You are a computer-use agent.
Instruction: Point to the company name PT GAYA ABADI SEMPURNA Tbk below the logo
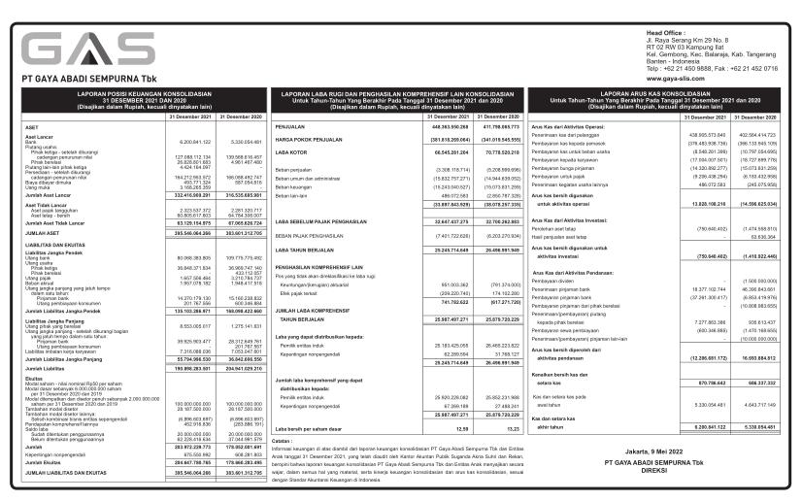pyautogui.click(x=71, y=79)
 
